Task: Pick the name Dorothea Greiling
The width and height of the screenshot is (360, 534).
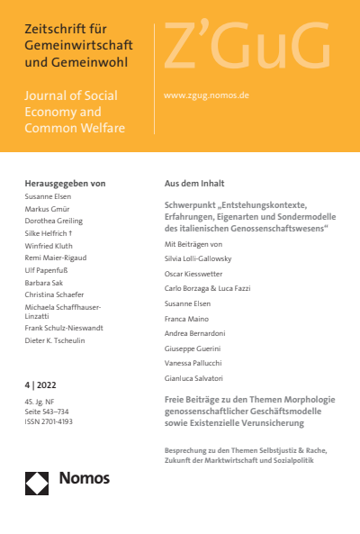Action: coord(54,221)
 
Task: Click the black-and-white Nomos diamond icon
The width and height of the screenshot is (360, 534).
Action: coord(37,483)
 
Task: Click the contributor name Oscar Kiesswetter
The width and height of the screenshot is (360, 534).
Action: coord(199,274)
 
